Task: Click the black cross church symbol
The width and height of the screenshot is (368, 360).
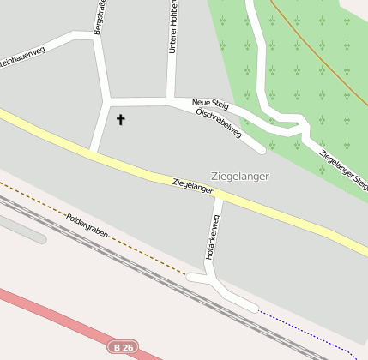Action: [120, 120]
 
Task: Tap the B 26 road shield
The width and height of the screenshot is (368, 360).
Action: [123, 347]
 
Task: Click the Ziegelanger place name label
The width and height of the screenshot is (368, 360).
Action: [239, 177]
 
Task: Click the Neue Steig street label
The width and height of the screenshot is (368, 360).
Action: [211, 103]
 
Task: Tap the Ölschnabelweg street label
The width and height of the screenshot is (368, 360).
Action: [219, 123]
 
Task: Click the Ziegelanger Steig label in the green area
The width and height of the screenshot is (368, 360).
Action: [343, 170]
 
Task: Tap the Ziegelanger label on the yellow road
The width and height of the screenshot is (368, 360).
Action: [192, 184]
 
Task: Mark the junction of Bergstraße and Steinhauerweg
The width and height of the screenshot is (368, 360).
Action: [93, 36]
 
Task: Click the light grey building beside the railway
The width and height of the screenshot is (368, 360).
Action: [21, 228]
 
